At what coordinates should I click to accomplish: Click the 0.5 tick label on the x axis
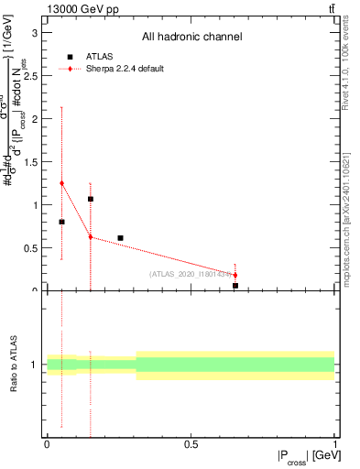point(191,444)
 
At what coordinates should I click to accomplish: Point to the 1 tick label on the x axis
point(334,444)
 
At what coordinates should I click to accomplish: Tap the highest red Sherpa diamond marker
point(61,183)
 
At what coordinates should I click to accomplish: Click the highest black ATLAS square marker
point(91,199)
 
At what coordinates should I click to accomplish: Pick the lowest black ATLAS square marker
point(235,286)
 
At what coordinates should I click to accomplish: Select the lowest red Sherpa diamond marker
point(235,275)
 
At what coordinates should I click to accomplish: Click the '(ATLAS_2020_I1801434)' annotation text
point(191,274)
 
